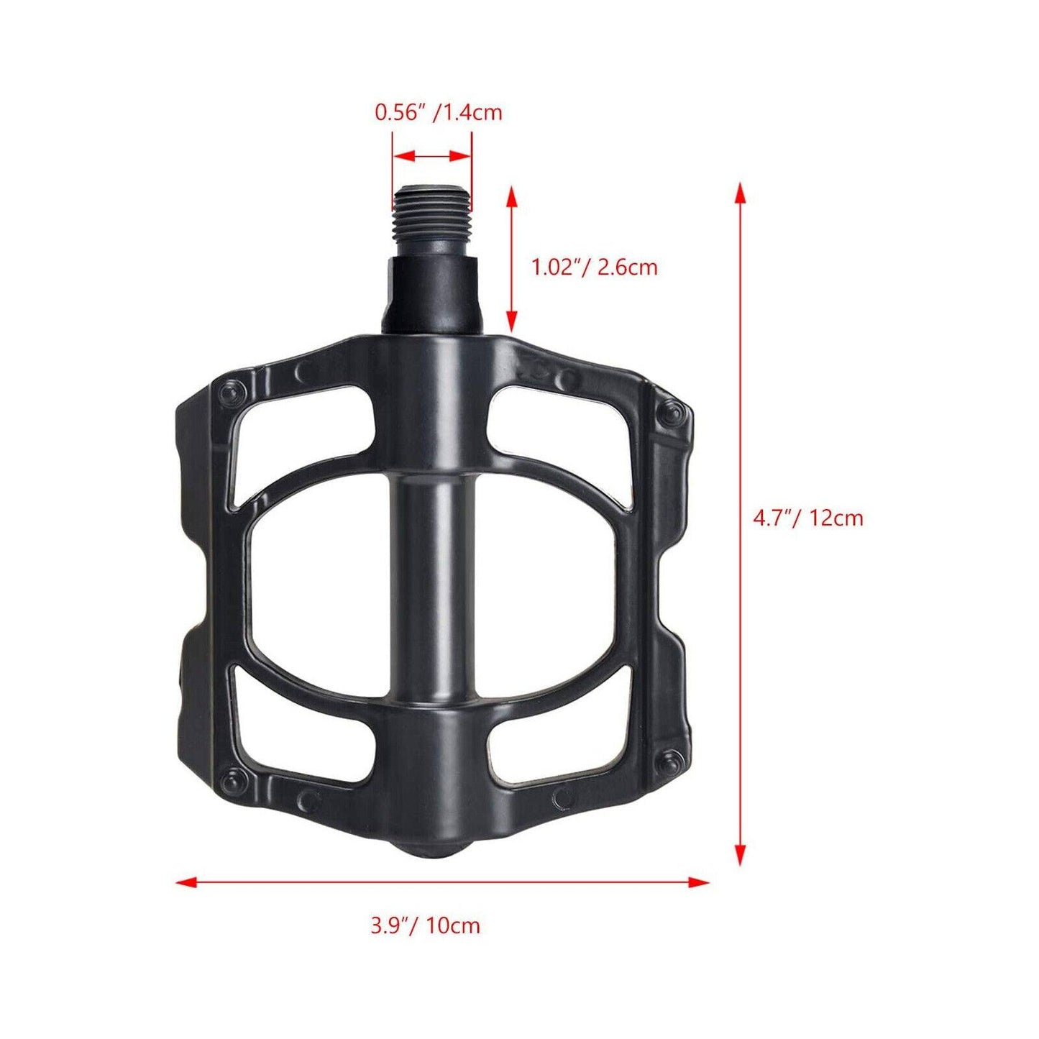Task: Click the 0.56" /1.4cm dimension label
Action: click(438, 113)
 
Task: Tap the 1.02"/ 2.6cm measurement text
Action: click(594, 267)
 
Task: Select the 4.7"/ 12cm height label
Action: click(807, 518)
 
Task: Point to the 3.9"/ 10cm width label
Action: click(425, 925)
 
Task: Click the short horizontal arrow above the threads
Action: click(431, 156)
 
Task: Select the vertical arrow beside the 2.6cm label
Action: click(511, 259)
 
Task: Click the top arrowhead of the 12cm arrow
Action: click(739, 193)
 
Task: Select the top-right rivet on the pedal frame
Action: click(672, 411)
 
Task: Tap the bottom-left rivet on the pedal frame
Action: click(234, 779)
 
